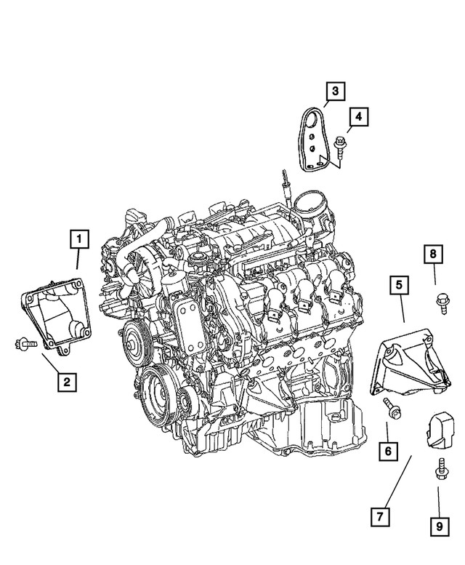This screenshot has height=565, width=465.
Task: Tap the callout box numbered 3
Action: pyautogui.click(x=335, y=92)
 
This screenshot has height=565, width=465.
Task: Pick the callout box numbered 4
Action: pyautogui.click(x=359, y=115)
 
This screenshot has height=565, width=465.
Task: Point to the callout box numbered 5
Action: pyautogui.click(x=399, y=286)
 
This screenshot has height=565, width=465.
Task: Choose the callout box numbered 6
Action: pyautogui.click(x=387, y=452)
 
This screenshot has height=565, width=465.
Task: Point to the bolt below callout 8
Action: pyautogui.click(x=440, y=300)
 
